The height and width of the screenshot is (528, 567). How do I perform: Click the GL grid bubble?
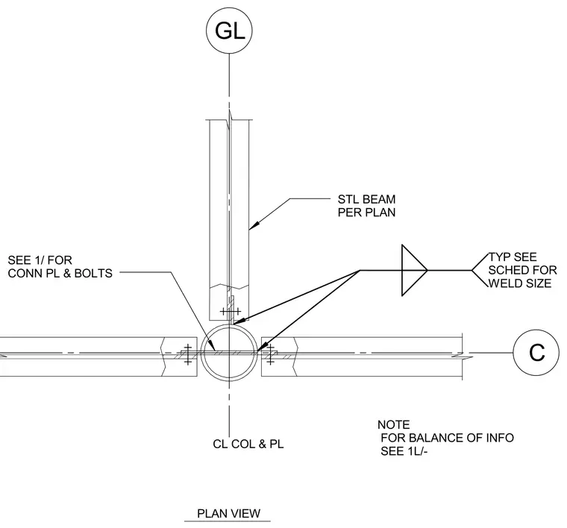pos(229,31)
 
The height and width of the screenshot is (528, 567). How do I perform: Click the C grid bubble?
pos(536,352)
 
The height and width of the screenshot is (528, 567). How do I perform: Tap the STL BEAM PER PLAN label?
pos(366,206)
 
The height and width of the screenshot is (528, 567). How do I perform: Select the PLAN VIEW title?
pos(228,513)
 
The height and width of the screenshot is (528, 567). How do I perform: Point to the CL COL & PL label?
pos(248,444)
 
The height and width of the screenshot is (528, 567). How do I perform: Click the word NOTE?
pos(393,424)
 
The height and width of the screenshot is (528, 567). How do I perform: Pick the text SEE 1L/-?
pos(404,451)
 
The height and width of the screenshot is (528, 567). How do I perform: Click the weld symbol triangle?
pos(414,270)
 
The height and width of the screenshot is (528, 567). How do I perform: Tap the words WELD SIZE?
pos(520,283)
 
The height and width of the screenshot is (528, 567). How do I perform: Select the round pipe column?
pos(201,352)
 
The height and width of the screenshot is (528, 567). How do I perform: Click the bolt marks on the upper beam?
pos(231,311)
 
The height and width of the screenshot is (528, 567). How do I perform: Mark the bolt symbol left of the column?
pos(187,354)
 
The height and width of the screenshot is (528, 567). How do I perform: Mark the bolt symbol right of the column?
pos(270,354)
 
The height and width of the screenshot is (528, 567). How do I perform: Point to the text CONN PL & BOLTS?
pos(60,273)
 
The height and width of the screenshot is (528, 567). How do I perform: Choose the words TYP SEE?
pos(513,257)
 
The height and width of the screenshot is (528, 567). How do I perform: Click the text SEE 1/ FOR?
pos(40,260)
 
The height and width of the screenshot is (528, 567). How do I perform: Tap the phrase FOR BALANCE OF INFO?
pos(448,438)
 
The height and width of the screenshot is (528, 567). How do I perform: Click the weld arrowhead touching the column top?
pos(239,321)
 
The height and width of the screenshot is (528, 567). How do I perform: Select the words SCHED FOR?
pos(522,270)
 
